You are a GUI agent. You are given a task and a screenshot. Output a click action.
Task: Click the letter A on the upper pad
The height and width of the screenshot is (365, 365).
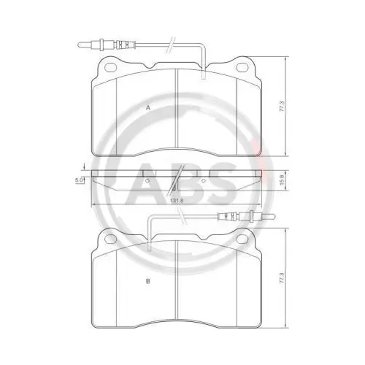tap(147, 108)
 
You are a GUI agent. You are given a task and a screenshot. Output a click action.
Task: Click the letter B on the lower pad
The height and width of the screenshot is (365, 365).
tap(147, 281)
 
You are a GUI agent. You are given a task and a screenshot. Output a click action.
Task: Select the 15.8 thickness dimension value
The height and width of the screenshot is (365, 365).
tap(282, 180)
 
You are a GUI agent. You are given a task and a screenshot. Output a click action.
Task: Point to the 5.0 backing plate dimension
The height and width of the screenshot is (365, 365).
tap(79, 180)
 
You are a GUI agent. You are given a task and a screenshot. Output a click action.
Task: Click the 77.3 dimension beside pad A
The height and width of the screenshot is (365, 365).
tap(282, 106)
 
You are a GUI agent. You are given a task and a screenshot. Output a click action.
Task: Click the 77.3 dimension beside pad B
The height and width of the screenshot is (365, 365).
tap(282, 278)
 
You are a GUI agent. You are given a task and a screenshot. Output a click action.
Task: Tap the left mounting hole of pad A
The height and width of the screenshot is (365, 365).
tap(111, 67)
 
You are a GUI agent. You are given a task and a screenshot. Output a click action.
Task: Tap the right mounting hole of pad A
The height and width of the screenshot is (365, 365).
tap(242, 67)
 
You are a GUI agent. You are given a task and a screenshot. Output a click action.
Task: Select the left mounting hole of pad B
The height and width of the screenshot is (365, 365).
tap(111, 239)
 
